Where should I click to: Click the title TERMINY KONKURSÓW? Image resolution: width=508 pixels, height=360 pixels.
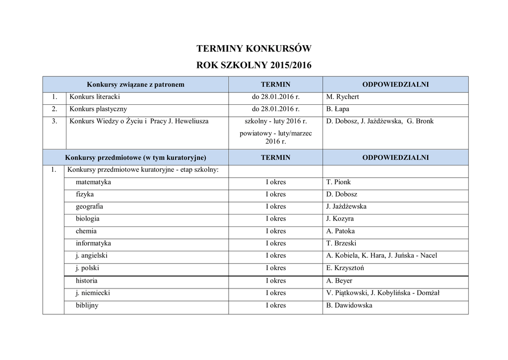(x=254, y=49)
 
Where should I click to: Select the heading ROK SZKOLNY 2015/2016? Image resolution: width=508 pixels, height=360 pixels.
(x=254, y=65)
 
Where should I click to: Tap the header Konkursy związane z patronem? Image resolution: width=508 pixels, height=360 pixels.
(x=135, y=84)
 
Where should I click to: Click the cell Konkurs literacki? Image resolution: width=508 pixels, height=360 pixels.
(x=95, y=97)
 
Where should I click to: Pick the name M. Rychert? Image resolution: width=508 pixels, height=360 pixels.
(x=342, y=97)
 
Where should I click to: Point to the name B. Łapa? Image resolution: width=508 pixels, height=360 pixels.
(x=338, y=109)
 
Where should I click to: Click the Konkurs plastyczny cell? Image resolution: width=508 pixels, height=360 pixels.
(x=98, y=109)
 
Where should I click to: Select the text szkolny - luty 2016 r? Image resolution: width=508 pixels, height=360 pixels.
(x=276, y=121)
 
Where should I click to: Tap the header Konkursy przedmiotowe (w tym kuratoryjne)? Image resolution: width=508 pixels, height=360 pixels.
(x=135, y=157)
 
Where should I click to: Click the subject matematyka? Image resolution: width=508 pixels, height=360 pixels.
(x=93, y=182)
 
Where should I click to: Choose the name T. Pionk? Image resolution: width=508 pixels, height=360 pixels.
(x=338, y=182)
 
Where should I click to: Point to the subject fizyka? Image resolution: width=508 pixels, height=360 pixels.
(x=85, y=194)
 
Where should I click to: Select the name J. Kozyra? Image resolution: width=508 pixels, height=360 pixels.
(x=340, y=218)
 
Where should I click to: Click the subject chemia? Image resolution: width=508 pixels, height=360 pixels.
(x=86, y=231)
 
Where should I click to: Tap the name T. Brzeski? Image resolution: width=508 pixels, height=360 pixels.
(x=341, y=243)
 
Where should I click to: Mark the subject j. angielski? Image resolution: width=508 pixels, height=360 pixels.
(x=92, y=255)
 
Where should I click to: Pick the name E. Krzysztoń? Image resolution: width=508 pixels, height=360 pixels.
(x=345, y=268)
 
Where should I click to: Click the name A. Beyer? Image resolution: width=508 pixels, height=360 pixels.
(x=339, y=281)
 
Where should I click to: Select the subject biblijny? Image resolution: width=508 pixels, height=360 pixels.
(x=87, y=305)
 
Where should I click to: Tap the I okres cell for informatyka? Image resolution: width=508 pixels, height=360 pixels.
(x=276, y=243)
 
